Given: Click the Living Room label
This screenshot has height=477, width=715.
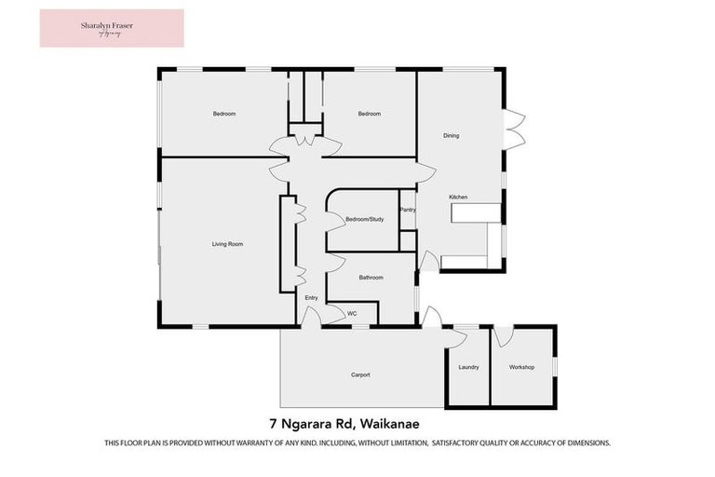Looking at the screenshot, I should pyautogui.click(x=227, y=244).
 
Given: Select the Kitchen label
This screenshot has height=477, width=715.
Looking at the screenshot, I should pyautogui.click(x=457, y=198).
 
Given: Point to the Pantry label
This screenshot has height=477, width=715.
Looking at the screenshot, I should pyautogui.click(x=407, y=211).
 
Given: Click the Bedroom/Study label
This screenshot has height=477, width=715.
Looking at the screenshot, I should pyautogui.click(x=364, y=220).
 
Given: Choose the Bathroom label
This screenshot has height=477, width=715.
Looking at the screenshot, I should pyautogui.click(x=371, y=278).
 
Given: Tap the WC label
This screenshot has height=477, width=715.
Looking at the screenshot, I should pyautogui.click(x=352, y=314).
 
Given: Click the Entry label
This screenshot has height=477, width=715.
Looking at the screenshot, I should pyautogui.click(x=312, y=298).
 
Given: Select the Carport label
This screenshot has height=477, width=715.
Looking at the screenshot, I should pyautogui.click(x=360, y=375).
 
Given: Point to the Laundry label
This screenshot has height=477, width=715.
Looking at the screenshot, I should pyautogui.click(x=468, y=367).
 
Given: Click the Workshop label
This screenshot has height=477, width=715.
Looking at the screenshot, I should pyautogui.click(x=521, y=367).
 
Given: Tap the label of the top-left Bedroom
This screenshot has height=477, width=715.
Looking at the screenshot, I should pyautogui.click(x=223, y=114).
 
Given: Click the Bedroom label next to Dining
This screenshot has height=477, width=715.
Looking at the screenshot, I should pyautogui.click(x=370, y=114).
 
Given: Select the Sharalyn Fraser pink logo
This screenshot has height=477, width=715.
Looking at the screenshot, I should pyautogui.click(x=112, y=28).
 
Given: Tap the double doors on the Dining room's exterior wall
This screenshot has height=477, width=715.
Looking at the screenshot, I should pyautogui.click(x=514, y=129).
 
